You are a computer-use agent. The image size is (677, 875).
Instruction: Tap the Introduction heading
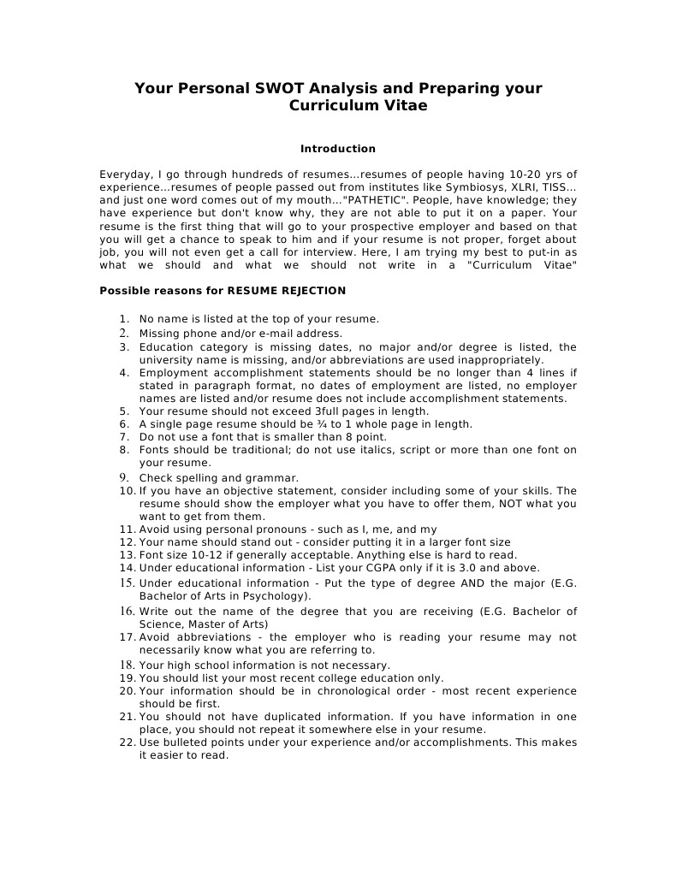337,149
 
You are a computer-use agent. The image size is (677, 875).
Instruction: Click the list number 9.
124,477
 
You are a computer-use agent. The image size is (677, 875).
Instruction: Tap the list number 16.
127,611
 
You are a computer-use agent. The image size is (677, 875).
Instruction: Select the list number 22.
127,742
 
